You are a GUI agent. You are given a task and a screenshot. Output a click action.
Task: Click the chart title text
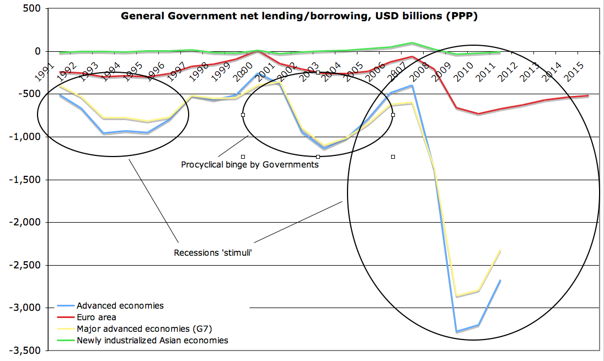pyautogui.click(x=299, y=16)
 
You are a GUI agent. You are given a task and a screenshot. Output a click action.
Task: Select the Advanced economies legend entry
pyautogui.click(x=120, y=305)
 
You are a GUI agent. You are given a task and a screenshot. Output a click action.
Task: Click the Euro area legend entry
pyautogui.click(x=97, y=317)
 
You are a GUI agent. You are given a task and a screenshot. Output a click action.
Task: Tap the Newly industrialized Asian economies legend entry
pyautogui.click(x=152, y=340)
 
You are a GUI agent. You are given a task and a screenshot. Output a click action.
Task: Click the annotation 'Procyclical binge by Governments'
pyautogui.click(x=250, y=164)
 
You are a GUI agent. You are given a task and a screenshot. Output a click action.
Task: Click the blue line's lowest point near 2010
pyautogui.click(x=456, y=331)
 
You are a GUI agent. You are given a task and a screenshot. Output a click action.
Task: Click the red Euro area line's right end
pyautogui.click(x=587, y=96)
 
